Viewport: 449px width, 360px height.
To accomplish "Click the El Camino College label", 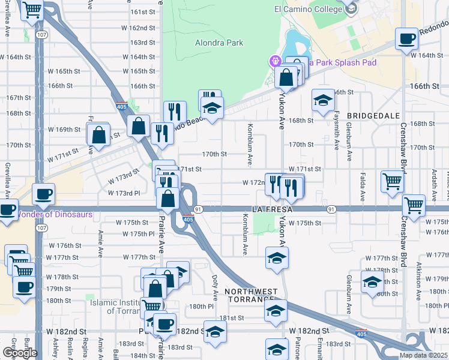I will click(x=307, y=10).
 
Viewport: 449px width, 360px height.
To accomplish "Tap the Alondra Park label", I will click(x=219, y=43).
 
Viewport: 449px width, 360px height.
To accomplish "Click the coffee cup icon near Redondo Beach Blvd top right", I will click(x=406, y=40).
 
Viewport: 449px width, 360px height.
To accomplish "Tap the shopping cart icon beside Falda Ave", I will click(x=392, y=180).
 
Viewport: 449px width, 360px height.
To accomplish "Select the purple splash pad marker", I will click(x=276, y=61).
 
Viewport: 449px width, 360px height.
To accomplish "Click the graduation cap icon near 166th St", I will click(x=323, y=100).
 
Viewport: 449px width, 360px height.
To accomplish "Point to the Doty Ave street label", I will click(x=215, y=287).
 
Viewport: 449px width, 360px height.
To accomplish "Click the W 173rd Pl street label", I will click(x=124, y=193).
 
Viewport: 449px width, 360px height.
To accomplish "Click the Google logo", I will click(x=20, y=353).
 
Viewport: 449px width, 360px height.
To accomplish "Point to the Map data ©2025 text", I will click(x=424, y=355).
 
